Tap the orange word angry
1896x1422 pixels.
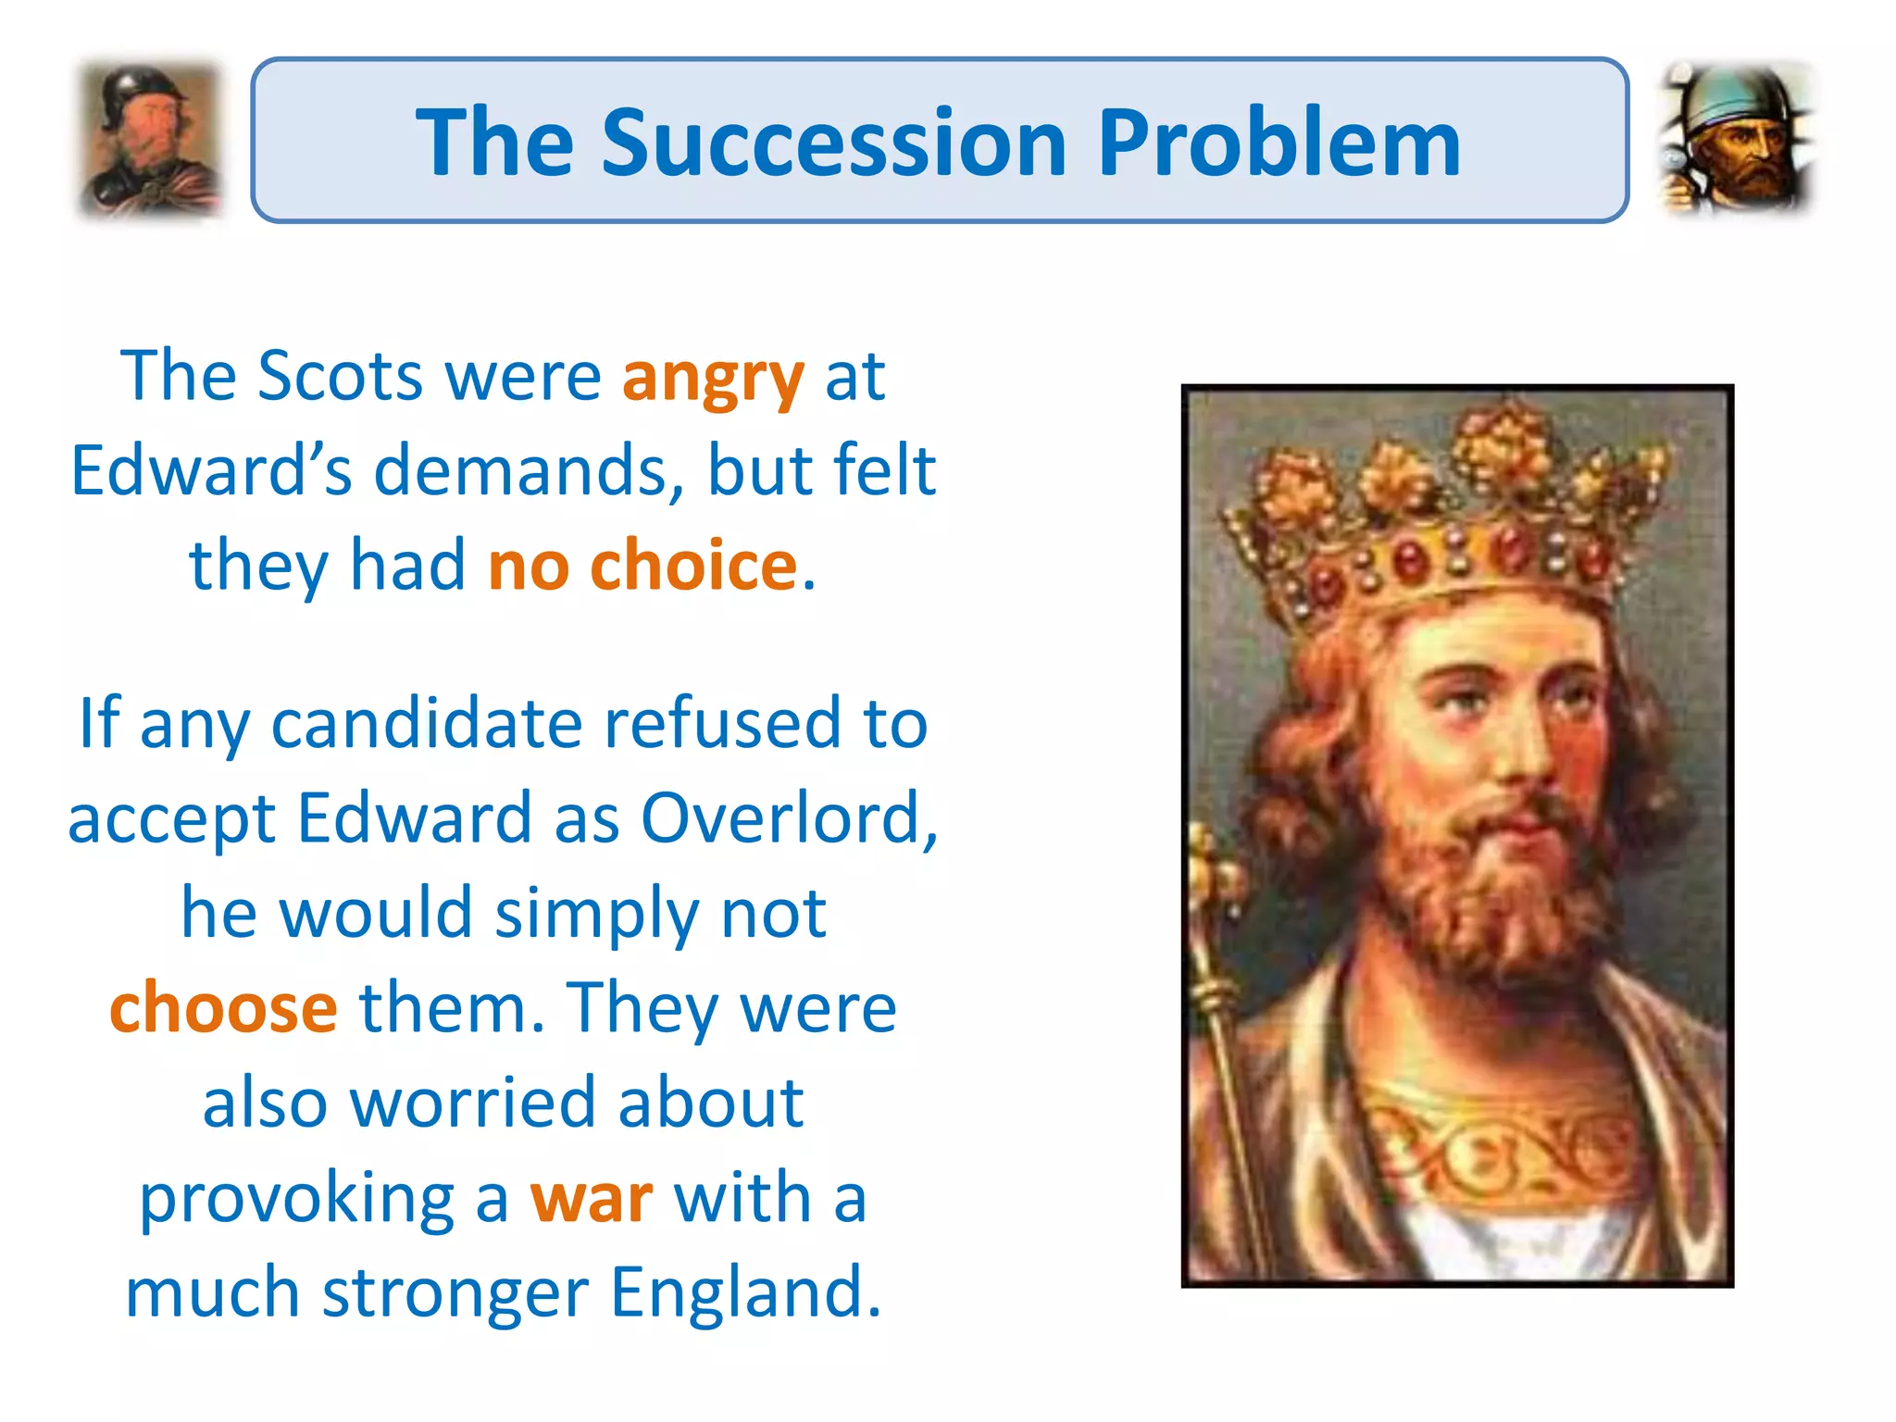[x=712, y=378]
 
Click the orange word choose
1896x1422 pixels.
[x=223, y=1008]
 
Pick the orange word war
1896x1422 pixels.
[x=591, y=1198]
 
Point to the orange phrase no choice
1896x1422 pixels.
[x=642, y=566]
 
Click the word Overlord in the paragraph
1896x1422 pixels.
[x=787, y=818]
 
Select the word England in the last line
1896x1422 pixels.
[x=745, y=1292]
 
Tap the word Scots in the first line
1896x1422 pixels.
[x=340, y=377]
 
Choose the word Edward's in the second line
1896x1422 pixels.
[x=211, y=470]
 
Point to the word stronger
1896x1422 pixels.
[x=455, y=1292]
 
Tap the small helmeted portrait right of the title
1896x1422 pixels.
[x=1737, y=139]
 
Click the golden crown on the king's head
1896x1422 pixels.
[x=1444, y=518]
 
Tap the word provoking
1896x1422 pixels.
[x=296, y=1198]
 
